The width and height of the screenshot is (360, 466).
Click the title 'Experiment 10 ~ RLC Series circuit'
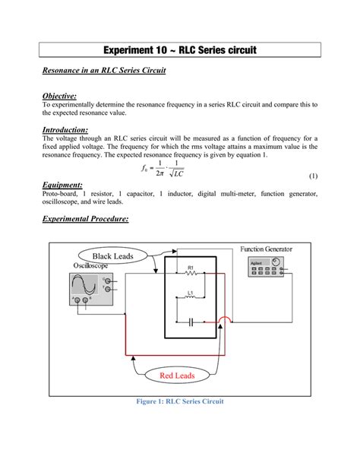180,50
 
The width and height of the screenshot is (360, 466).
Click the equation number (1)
311,176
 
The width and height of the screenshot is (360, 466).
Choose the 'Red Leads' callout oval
176,376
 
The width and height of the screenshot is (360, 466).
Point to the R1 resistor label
191,268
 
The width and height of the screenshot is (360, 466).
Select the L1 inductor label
190,292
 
